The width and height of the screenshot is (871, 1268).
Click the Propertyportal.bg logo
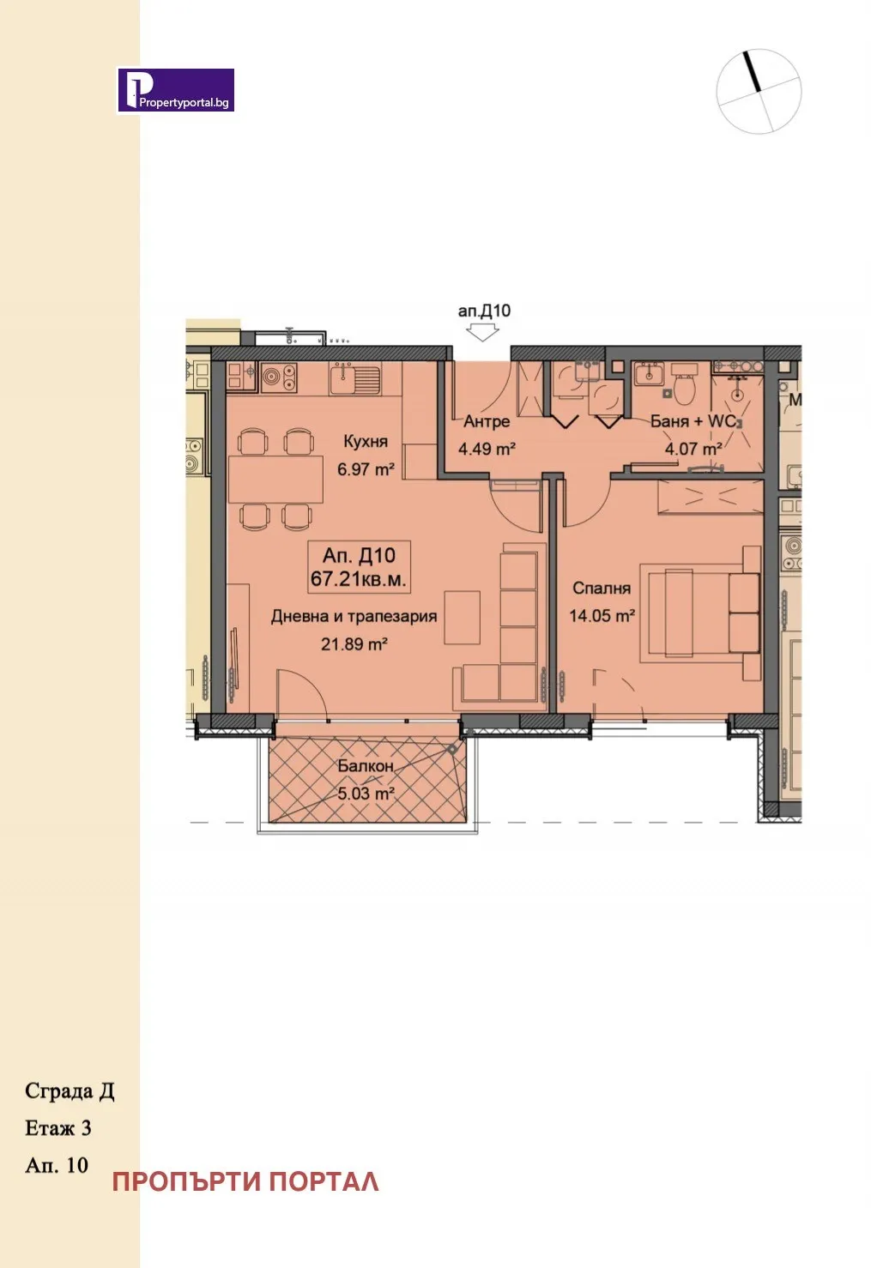(176, 90)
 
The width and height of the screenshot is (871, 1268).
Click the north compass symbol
(759, 91)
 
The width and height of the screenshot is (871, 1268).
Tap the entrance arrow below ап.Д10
(483, 332)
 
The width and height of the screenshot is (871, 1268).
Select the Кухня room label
(366, 441)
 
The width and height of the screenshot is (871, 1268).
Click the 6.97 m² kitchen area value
(366, 469)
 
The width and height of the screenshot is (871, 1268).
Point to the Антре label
(487, 421)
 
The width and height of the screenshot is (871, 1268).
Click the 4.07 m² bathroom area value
(693, 449)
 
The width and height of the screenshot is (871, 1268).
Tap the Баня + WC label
(693, 421)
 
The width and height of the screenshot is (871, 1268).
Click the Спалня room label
(602, 588)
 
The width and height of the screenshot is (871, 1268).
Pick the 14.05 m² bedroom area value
(602, 615)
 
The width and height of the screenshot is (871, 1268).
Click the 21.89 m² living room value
(354, 643)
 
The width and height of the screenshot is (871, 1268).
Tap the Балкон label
(366, 765)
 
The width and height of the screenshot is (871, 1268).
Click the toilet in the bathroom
(685, 387)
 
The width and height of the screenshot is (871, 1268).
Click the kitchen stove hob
(278, 377)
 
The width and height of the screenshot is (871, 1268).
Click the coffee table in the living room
(463, 617)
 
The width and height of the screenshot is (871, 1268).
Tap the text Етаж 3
(58, 1128)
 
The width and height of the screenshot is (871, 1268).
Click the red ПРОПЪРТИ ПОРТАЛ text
(245, 1181)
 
